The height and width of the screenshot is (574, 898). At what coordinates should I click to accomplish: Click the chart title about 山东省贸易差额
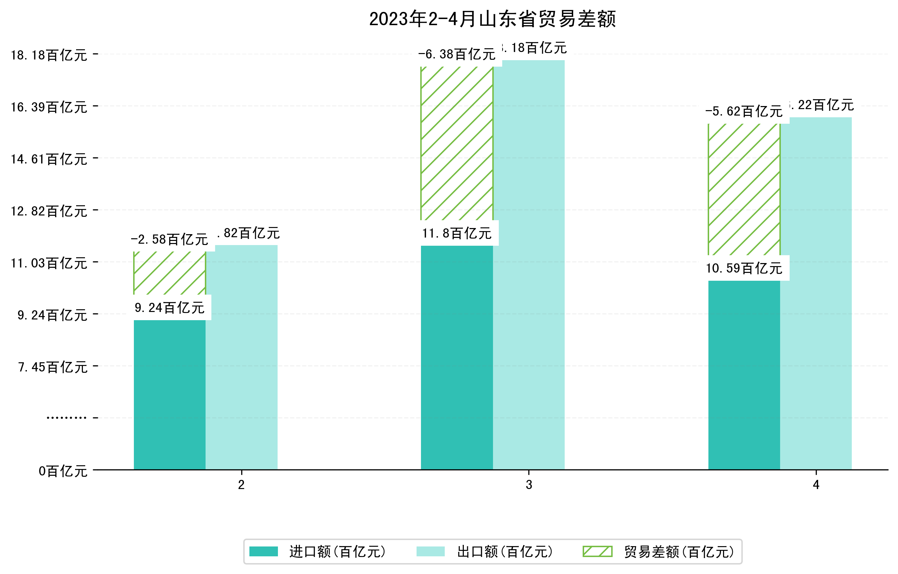tap(492, 19)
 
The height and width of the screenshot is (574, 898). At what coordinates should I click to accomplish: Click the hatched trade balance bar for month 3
tap(457, 144)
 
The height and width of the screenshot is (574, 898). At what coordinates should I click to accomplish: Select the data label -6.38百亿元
tap(457, 54)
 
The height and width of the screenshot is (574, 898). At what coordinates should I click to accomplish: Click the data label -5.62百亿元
tap(744, 111)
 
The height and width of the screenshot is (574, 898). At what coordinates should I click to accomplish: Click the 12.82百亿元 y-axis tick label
tap(49, 211)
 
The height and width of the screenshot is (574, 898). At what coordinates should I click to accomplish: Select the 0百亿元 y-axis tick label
tap(63, 471)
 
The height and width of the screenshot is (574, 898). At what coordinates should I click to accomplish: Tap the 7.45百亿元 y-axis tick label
tap(53, 367)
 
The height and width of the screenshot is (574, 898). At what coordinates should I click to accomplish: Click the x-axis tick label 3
tap(529, 485)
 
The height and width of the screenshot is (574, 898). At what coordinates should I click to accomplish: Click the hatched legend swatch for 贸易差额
tap(597, 552)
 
